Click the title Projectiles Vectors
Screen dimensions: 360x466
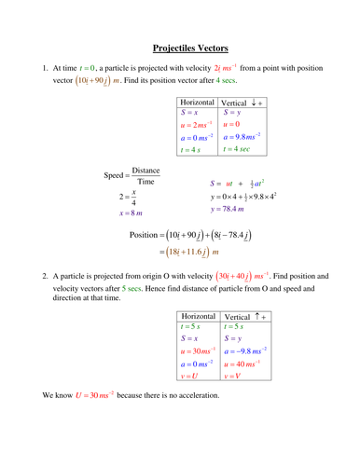point(189,48)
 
